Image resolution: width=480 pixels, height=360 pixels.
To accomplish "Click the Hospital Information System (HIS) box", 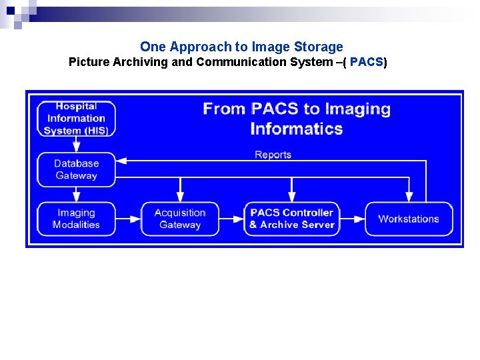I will pyautogui.click(x=76, y=119).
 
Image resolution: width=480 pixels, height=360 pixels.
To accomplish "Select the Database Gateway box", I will pyautogui.click(x=76, y=169).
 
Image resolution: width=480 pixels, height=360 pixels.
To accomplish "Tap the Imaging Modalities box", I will pyautogui.click(x=76, y=219).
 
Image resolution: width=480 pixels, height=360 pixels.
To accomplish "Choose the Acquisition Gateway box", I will pyautogui.click(x=180, y=219).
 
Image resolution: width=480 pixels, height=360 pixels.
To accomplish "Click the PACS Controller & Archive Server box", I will pyautogui.click(x=291, y=219).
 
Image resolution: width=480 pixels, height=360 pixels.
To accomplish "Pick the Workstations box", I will pyautogui.click(x=409, y=219).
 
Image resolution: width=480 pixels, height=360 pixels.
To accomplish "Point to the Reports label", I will pyautogui.click(x=273, y=155).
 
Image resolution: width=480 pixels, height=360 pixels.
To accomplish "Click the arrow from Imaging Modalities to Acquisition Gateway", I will pyautogui.click(x=128, y=219).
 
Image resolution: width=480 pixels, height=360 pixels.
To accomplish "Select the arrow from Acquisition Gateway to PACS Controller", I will pyautogui.click(x=231, y=219).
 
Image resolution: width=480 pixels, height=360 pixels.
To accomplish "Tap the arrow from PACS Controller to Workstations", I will pyautogui.click(x=352, y=219).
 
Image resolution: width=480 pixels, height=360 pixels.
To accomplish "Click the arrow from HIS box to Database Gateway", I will pyautogui.click(x=76, y=144).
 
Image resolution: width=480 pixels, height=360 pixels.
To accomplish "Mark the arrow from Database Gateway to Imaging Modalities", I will pyautogui.click(x=76, y=194).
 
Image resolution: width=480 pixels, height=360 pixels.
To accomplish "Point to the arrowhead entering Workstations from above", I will pyautogui.click(x=409, y=197).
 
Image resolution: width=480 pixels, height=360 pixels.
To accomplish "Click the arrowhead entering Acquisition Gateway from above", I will pyautogui.click(x=180, y=197).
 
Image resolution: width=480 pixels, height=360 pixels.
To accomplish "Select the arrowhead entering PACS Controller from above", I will pyautogui.click(x=291, y=197).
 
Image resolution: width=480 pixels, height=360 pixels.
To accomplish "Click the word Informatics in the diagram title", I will pyautogui.click(x=297, y=129).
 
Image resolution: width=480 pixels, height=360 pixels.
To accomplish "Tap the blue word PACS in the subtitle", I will pyautogui.click(x=366, y=63).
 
